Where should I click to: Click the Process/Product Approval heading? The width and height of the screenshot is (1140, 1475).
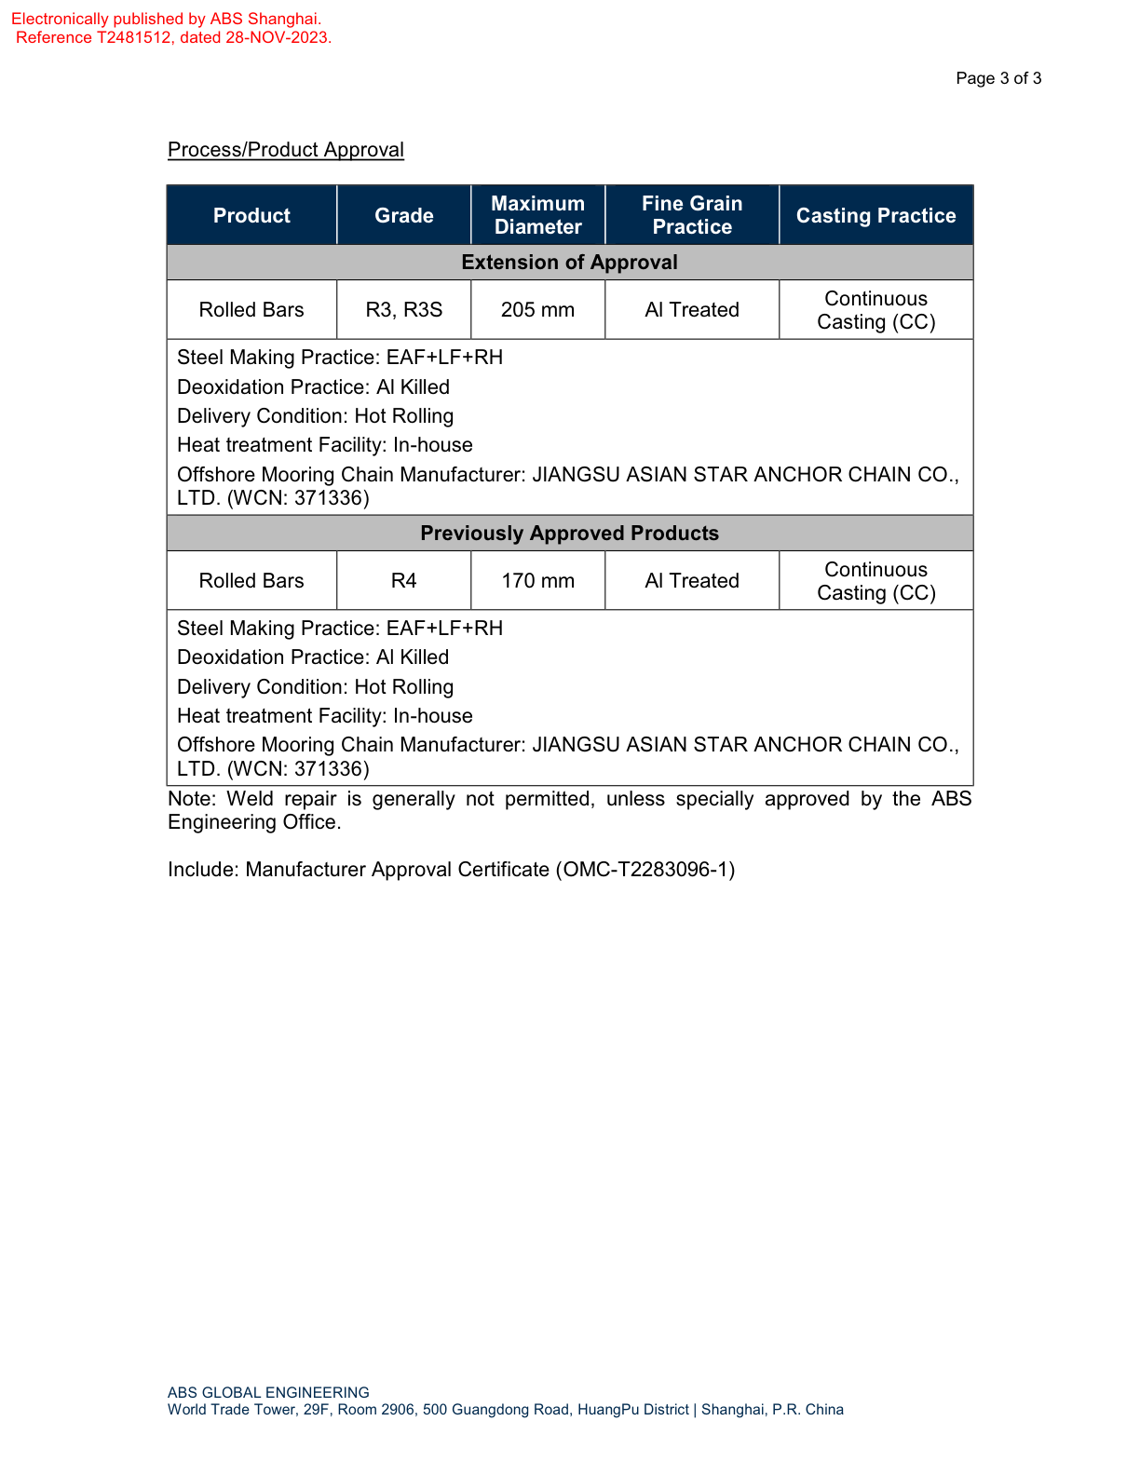(x=285, y=150)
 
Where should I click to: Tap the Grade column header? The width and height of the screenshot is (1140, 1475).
(x=403, y=215)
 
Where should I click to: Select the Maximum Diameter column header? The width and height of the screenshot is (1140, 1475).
(x=537, y=215)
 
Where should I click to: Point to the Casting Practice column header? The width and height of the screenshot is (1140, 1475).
(x=875, y=215)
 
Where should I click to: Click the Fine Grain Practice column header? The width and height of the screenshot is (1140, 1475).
(x=691, y=215)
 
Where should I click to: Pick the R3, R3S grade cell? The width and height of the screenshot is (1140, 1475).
(x=403, y=310)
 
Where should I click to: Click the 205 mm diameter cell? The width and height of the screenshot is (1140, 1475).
(x=537, y=310)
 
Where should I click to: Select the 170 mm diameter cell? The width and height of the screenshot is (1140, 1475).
(x=537, y=581)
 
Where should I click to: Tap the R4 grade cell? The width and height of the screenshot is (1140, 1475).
(x=403, y=581)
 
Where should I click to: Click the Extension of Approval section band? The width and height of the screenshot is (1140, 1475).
(x=569, y=263)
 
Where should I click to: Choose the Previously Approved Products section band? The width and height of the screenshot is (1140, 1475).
(x=569, y=534)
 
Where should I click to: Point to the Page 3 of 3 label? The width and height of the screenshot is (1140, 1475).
(x=998, y=78)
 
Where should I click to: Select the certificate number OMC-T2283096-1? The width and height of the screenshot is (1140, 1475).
(x=645, y=870)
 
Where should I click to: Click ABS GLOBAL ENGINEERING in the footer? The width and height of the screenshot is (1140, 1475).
(x=268, y=1393)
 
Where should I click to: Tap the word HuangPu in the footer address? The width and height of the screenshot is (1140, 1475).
(x=607, y=1410)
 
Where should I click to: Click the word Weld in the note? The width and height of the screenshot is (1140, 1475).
(x=250, y=799)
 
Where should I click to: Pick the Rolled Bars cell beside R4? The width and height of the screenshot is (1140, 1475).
(x=251, y=581)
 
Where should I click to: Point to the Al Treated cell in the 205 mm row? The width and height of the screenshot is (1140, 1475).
(x=691, y=310)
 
